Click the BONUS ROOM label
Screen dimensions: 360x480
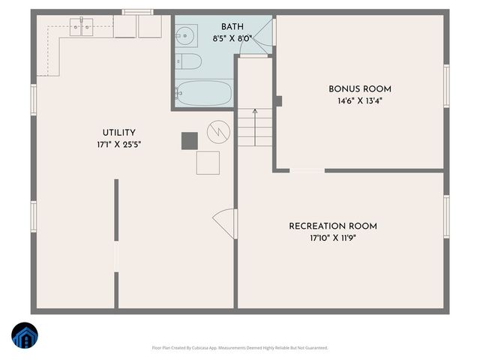coord(359,89)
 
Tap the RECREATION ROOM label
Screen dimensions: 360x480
coord(332,226)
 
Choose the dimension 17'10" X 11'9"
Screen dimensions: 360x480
coord(332,239)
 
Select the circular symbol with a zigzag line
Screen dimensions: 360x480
coord(218,132)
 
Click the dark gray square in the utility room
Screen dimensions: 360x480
coord(189,140)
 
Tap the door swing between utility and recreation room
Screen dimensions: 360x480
coord(225,224)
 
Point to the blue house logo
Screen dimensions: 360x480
coord(25,336)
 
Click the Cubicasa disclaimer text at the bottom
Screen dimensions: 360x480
coord(239,348)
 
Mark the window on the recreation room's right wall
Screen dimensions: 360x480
coord(446,217)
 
